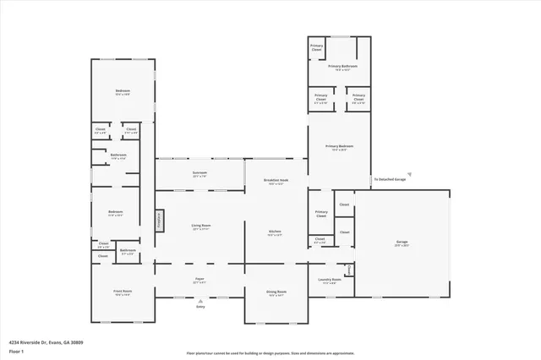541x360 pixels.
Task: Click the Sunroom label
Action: coord(199,173)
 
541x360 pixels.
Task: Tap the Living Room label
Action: coord(200,226)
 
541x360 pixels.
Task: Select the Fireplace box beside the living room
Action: coord(158,221)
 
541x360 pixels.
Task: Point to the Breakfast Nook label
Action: coord(276,181)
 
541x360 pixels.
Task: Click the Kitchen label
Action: coord(275,232)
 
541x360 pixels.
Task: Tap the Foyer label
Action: coord(199,280)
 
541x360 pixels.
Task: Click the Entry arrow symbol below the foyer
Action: coord(200,301)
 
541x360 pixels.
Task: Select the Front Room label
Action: coord(123,292)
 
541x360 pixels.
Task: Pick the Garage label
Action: coord(402,243)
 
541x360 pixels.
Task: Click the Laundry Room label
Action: coord(330,280)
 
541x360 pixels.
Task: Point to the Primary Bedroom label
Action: coord(340,147)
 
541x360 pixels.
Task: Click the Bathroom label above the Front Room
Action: coord(128,251)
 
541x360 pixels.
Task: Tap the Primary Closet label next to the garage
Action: coord(321,214)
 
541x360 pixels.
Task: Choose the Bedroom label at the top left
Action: coord(123,91)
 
